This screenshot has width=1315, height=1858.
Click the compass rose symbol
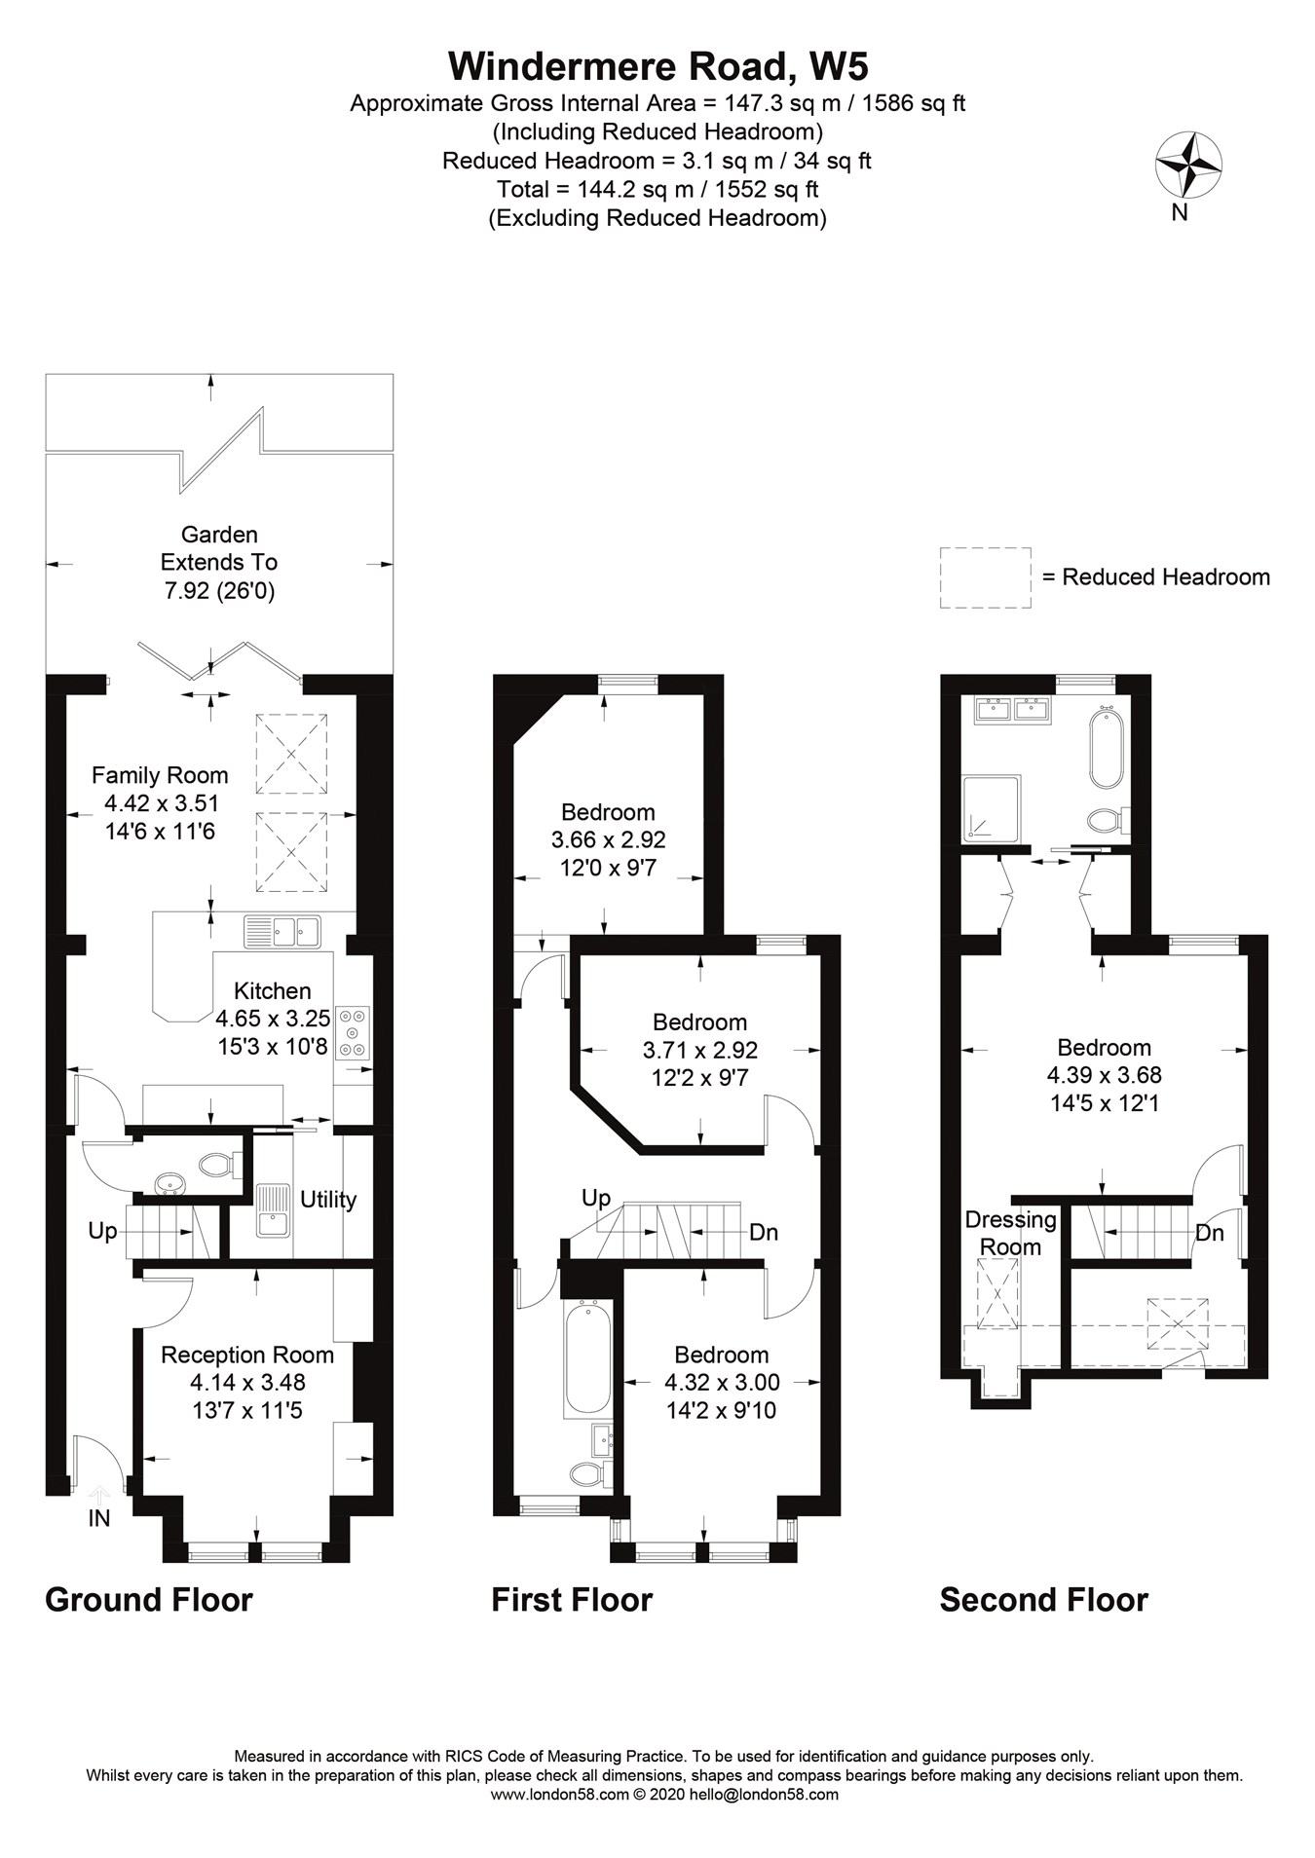[x=1188, y=165]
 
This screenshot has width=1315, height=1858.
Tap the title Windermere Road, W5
[x=657, y=66]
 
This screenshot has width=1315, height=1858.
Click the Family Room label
[x=160, y=775]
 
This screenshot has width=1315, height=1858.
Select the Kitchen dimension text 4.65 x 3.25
[x=273, y=1019]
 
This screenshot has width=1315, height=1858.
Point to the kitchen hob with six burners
[x=353, y=1032]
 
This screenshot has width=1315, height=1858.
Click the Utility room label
[x=328, y=1200]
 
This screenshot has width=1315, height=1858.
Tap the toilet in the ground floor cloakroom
[x=219, y=1162]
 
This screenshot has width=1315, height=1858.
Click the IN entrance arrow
[x=98, y=1495]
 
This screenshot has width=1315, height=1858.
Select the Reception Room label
[x=247, y=1355]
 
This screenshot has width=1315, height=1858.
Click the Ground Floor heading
[x=149, y=1600]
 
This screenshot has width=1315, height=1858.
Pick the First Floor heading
[x=572, y=1600]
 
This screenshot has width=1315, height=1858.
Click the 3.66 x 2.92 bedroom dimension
[x=609, y=839]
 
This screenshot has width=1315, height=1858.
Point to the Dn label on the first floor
[x=764, y=1233]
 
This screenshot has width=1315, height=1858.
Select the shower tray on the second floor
[x=991, y=808]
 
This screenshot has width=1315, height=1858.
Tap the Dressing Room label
[x=1010, y=1233]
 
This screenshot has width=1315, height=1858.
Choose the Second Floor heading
[x=1044, y=1600]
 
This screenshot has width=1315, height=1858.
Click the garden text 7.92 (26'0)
[x=219, y=590]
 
